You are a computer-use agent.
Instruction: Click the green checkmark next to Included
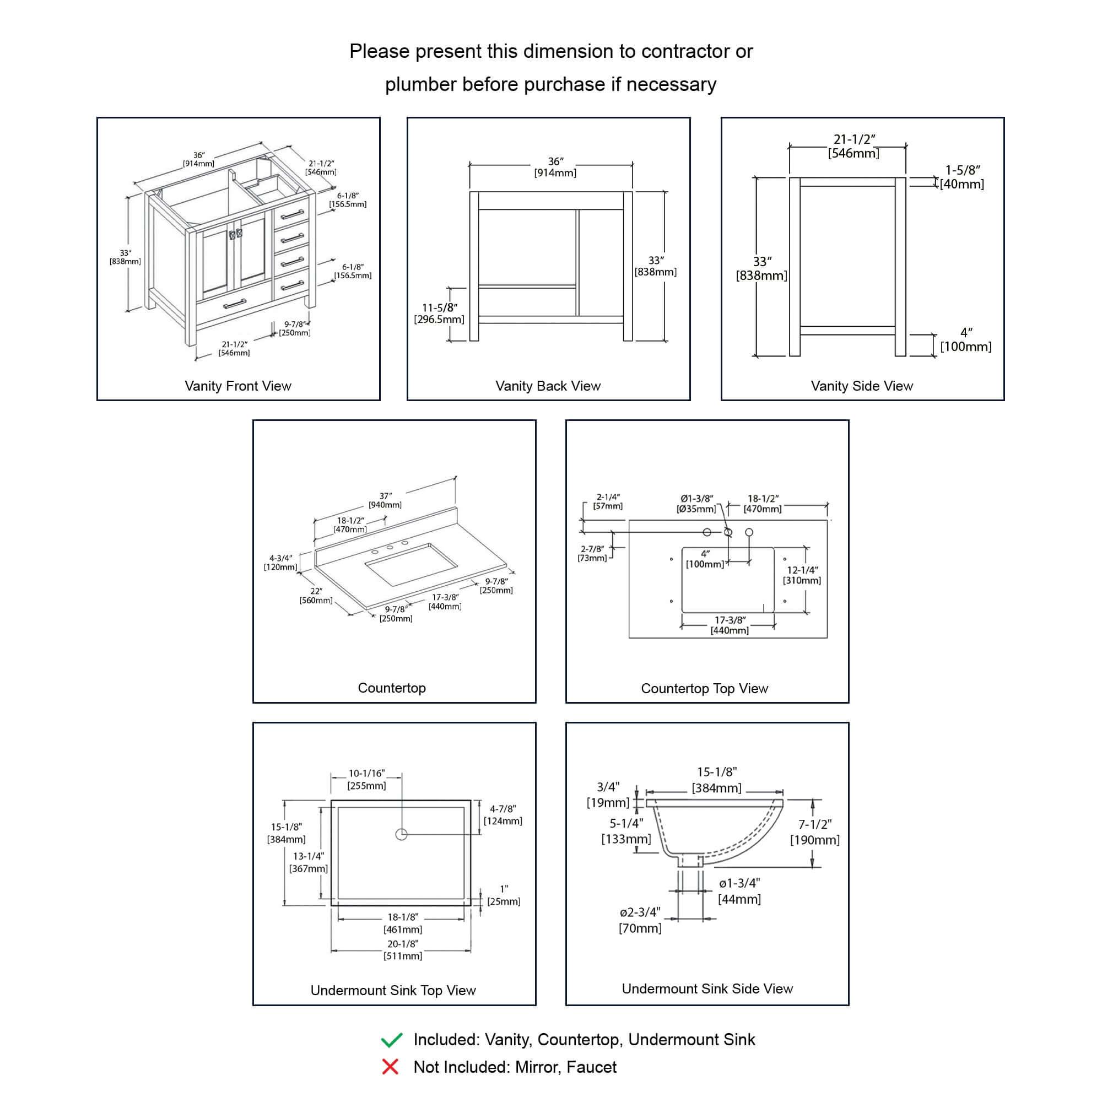click(x=391, y=1040)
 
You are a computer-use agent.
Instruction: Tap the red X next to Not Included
click(x=390, y=1067)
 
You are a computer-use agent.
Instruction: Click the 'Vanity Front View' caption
click(x=238, y=386)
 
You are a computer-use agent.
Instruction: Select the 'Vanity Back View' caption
click(x=548, y=386)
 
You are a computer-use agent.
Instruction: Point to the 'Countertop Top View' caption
click(x=704, y=688)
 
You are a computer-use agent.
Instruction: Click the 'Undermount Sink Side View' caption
click(x=707, y=988)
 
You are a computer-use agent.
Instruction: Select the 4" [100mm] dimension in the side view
click(x=966, y=339)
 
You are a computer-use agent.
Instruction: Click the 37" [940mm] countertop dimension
click(x=385, y=500)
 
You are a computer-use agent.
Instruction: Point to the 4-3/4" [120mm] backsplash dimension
click(x=280, y=563)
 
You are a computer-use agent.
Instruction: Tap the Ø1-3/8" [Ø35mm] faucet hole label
click(x=696, y=504)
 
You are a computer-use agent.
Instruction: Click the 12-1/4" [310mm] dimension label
click(x=802, y=575)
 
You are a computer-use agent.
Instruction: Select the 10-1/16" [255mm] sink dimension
click(x=367, y=779)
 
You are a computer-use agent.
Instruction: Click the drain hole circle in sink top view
click(x=402, y=834)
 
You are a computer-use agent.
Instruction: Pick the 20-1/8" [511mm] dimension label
click(x=403, y=950)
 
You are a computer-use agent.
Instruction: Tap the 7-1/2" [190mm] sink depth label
click(x=814, y=831)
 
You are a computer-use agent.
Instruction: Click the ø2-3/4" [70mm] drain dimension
click(x=640, y=920)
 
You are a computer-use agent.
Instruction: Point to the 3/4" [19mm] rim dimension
click(x=608, y=795)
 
